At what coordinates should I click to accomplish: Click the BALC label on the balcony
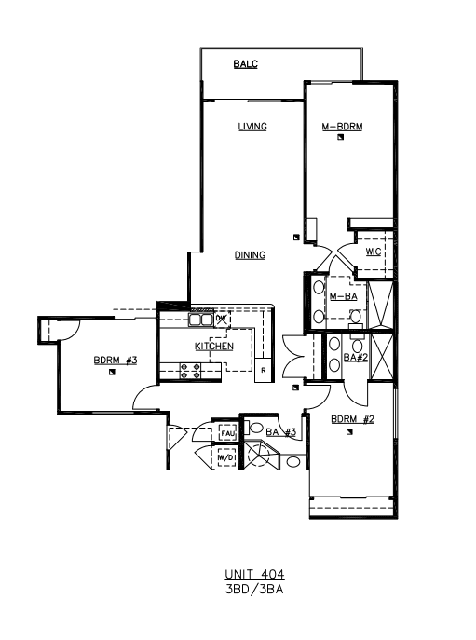[245, 64]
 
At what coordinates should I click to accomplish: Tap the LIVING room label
[252, 127]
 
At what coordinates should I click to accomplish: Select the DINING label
[250, 255]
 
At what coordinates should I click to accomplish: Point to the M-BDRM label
[342, 127]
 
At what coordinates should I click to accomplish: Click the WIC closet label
[374, 252]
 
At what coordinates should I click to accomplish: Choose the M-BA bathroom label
[344, 296]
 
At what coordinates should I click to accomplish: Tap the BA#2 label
[356, 358]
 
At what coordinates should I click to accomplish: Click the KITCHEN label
[214, 347]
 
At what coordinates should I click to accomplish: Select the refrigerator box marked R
[264, 370]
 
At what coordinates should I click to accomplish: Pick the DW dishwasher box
[222, 319]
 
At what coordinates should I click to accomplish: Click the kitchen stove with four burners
[190, 371]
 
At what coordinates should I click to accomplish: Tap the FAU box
[228, 433]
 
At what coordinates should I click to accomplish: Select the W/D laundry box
[226, 457]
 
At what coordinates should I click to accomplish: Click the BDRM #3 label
[116, 361]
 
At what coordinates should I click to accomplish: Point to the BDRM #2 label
[352, 419]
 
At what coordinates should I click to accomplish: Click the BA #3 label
[281, 432]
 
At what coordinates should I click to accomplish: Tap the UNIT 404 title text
[254, 574]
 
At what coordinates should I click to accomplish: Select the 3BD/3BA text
[254, 590]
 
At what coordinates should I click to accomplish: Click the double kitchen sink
[200, 320]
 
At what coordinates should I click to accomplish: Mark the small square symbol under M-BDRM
[341, 137]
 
